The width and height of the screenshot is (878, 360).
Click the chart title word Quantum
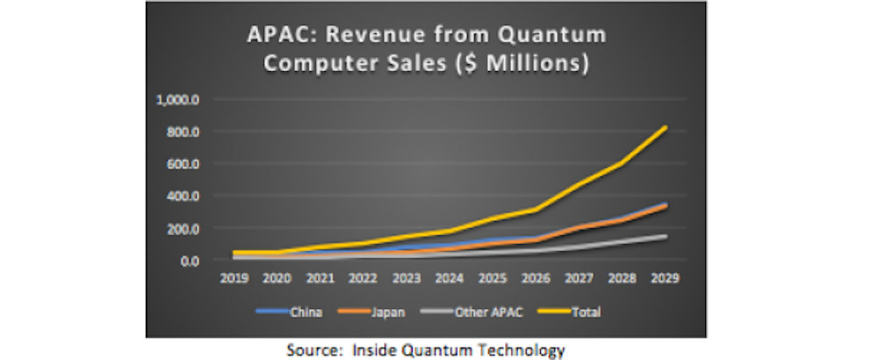(x=548, y=37)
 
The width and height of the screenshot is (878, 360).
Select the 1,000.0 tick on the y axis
(x=178, y=99)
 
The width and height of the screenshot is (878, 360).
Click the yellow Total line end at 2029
(x=666, y=127)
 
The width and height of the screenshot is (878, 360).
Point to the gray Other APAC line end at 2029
(x=666, y=236)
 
